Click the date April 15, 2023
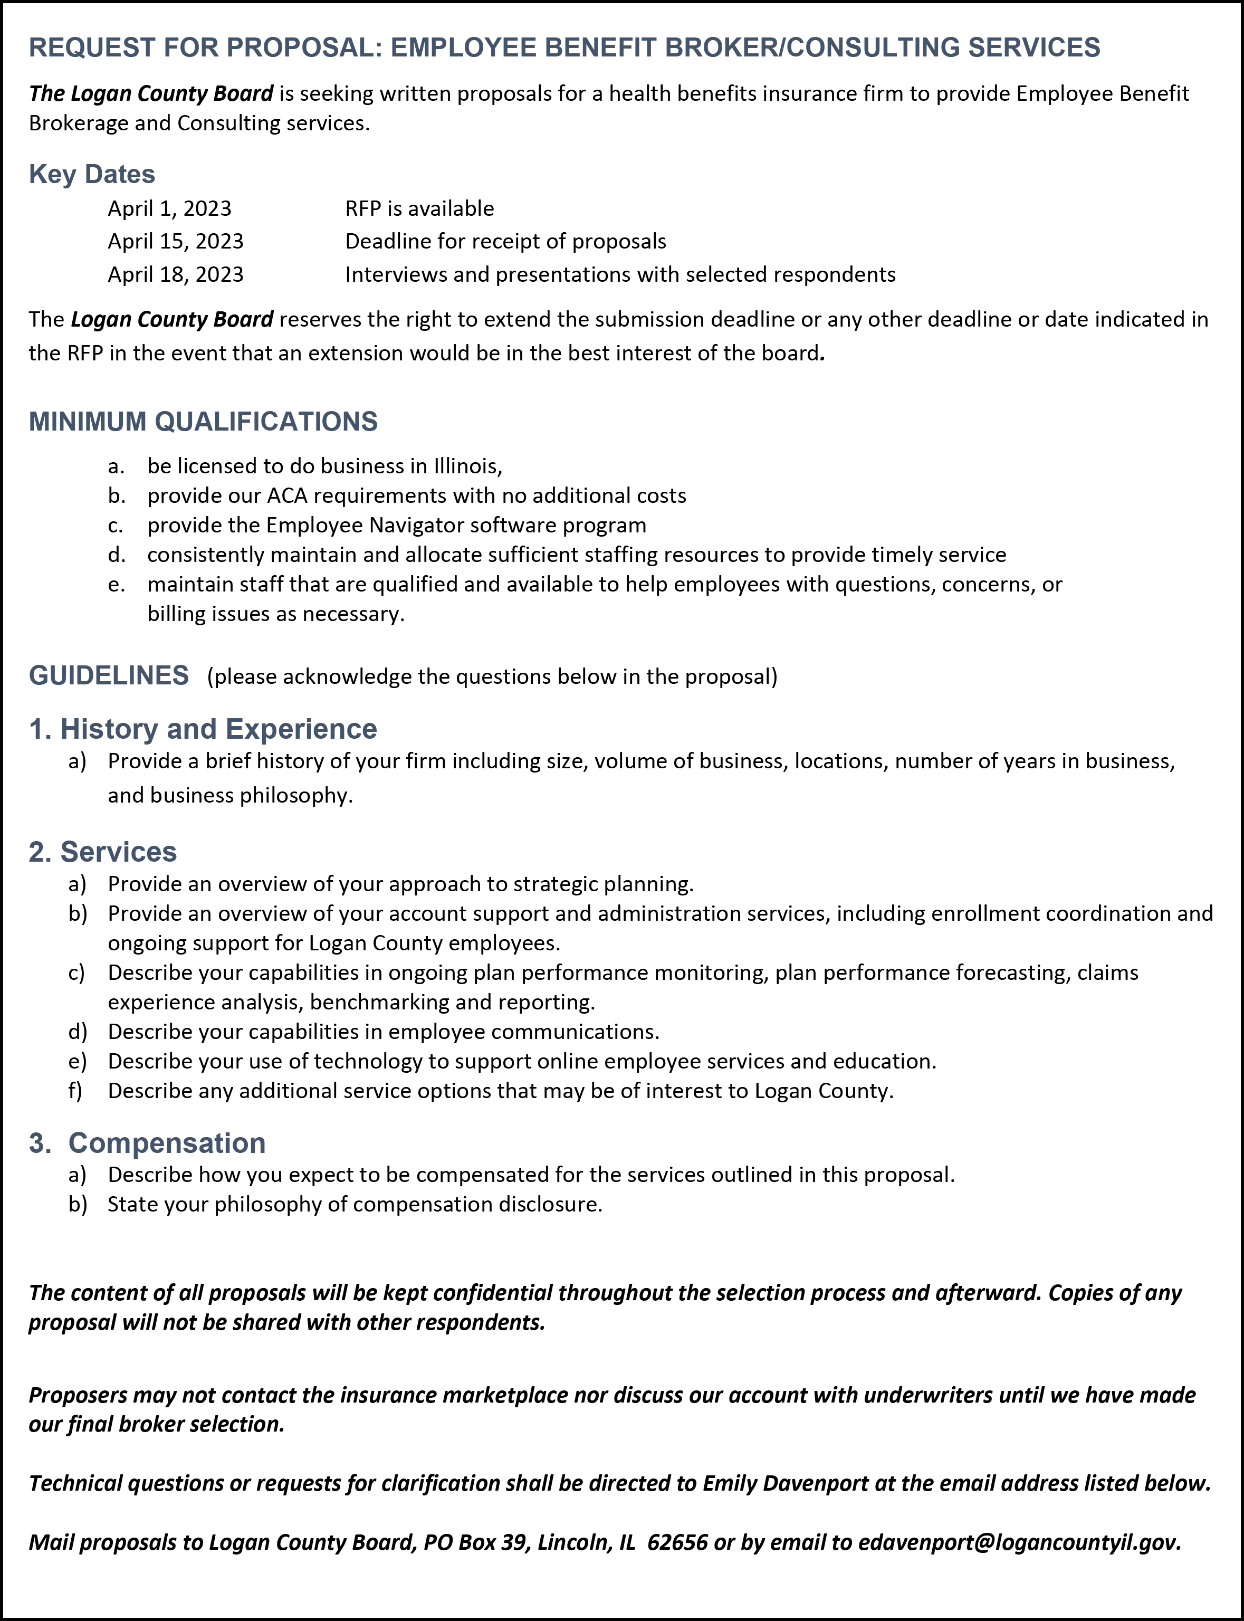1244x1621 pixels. pos(176,242)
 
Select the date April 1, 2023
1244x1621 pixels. pos(169,209)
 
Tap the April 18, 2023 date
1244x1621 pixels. pos(176,275)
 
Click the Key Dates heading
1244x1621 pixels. pos(92,174)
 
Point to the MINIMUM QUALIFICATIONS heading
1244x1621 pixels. pos(203,422)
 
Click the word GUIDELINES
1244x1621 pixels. pos(109,675)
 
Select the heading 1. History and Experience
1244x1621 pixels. pos(203,729)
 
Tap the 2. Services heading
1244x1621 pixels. pos(103,852)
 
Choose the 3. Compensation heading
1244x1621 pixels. pos(147,1142)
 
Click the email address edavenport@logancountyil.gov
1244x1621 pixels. pos(1018,1542)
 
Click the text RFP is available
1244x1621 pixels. pos(419,209)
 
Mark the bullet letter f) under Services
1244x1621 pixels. pos(75,1091)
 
